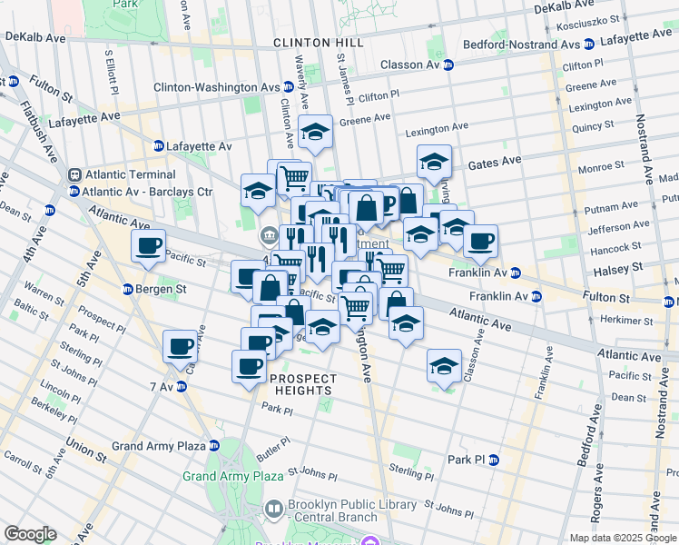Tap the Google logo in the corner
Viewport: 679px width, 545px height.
(29, 534)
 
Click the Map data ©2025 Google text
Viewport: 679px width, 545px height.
(621, 538)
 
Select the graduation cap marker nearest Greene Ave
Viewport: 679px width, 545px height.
(315, 134)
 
